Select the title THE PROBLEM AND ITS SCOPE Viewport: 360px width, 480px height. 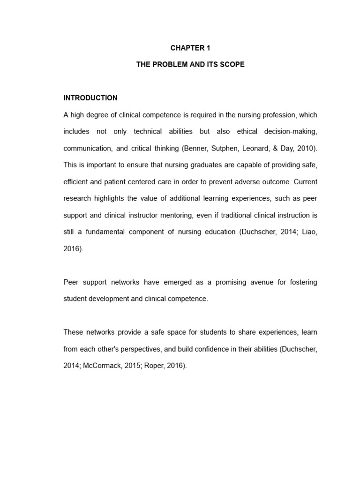click(x=190, y=65)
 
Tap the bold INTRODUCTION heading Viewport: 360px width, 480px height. click(x=90, y=98)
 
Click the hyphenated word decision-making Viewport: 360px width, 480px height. click(x=294, y=132)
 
